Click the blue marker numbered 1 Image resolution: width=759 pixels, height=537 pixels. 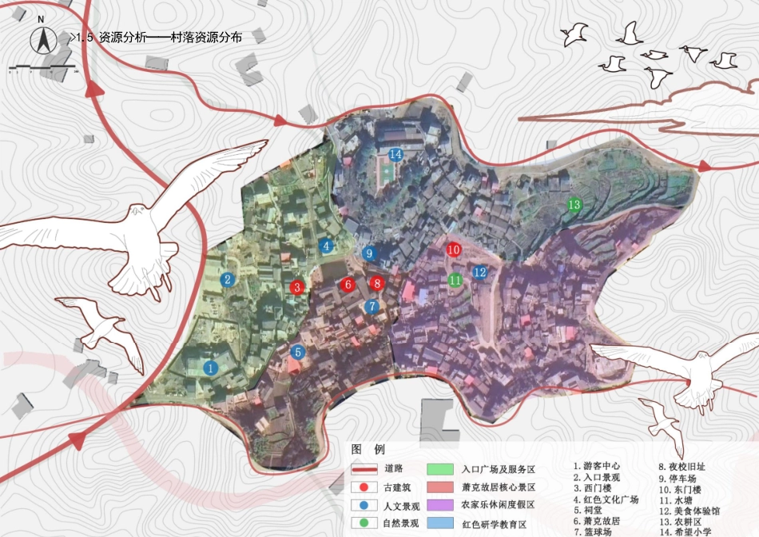coord(210,368)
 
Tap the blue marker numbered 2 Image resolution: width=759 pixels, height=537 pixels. coord(228,280)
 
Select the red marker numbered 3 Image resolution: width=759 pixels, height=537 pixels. coord(296,287)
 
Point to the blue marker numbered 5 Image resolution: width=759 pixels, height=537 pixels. coord(298,352)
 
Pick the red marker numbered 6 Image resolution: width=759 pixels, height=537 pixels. coord(348,284)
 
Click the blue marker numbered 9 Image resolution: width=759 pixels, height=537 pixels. coord(369,253)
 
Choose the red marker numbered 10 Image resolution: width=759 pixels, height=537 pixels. coord(454,249)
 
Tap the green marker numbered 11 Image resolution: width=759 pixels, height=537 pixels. coord(455,280)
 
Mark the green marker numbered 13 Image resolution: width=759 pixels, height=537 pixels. coord(574,205)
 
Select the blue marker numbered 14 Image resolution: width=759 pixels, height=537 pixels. coord(395,153)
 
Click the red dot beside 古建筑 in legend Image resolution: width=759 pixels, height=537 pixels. coord(364,487)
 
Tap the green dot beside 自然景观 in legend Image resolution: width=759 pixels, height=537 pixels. coord(364,523)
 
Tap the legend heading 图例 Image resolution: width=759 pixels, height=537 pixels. coord(368,450)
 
